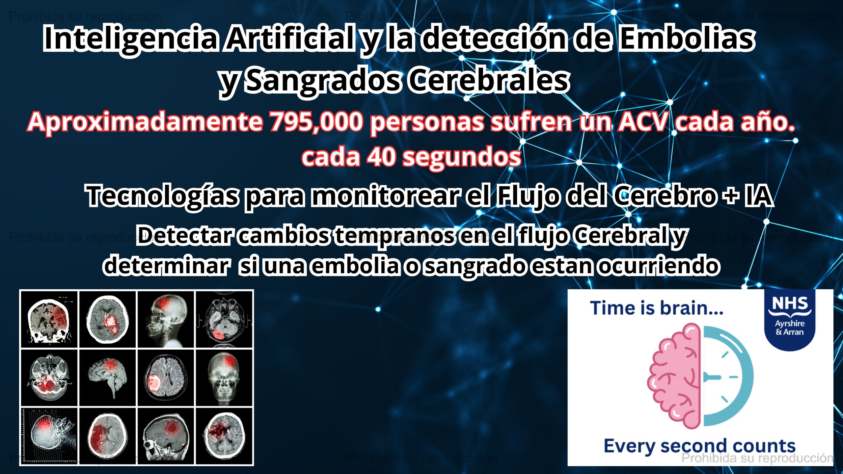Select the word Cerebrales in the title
(x=489, y=81)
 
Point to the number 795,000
(x=315, y=122)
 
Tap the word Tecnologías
(x=162, y=197)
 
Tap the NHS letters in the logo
(x=790, y=303)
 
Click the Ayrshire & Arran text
(x=789, y=328)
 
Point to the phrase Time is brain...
(x=657, y=308)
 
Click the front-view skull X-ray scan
(x=224, y=378)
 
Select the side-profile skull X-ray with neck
(x=166, y=319)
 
